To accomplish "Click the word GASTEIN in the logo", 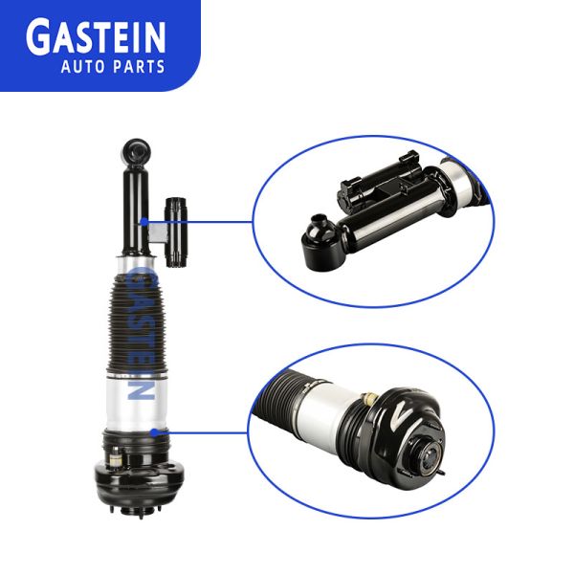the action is click(96, 38).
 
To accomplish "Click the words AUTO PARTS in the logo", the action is click(113, 67).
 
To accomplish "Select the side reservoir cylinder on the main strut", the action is click(177, 232).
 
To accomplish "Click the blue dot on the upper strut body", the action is click(144, 222).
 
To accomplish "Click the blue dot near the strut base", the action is click(154, 433).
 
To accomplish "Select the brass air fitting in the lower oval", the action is click(368, 397).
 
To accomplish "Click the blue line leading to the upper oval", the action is click(200, 222).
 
